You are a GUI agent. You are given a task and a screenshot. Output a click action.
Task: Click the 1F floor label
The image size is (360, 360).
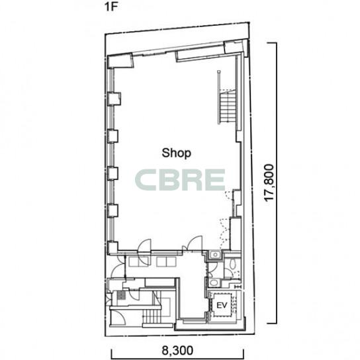pyautogui.click(x=111, y=7)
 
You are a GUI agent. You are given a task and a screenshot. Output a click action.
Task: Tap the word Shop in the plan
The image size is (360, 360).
pyautogui.click(x=176, y=153)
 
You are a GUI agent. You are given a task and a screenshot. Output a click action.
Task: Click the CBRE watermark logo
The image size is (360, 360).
pyautogui.click(x=180, y=179)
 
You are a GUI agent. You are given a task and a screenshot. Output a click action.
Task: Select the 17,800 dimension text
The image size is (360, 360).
pyautogui.click(x=269, y=183)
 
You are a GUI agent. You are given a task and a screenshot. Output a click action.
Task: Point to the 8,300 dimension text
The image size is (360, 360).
pyautogui.click(x=177, y=351)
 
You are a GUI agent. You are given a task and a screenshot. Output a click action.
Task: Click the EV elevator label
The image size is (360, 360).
pyautogui.click(x=222, y=305)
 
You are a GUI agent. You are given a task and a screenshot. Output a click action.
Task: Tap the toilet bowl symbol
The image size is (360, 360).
pyautogui.click(x=234, y=264)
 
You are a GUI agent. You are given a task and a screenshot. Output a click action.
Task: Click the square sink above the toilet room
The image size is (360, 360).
pyautogui.click(x=215, y=255)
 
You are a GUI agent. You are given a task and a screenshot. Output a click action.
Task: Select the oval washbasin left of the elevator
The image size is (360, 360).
pyautogui.click(x=214, y=283)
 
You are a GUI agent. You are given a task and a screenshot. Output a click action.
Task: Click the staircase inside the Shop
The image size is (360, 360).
pyautogui.click(x=227, y=107)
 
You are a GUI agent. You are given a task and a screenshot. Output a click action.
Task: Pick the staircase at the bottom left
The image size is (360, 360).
pyautogui.click(x=152, y=316)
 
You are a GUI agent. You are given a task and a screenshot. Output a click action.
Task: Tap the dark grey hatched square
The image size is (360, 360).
pyautogui.click(x=121, y=294)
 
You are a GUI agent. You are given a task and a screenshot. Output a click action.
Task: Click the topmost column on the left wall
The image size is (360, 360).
pyautogui.click(x=114, y=99)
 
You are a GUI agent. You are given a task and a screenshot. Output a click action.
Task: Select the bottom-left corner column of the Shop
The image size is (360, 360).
pyautogui.click(x=112, y=247)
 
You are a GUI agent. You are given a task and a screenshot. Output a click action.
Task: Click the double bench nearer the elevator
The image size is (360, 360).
pyautogui.click(x=166, y=262)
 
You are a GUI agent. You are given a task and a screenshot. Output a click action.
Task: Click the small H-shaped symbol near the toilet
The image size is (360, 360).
pyautogui.click(x=238, y=287)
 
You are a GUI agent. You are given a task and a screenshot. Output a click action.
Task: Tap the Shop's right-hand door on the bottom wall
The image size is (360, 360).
pyautogui.click(x=195, y=244)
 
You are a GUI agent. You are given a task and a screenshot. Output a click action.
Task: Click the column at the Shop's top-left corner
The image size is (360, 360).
pyautogui.click(x=120, y=61)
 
